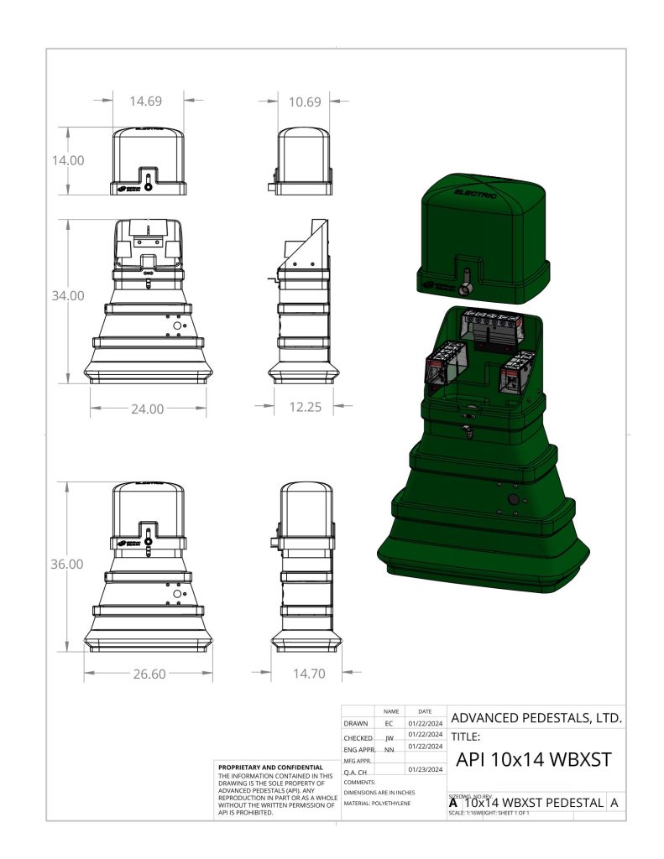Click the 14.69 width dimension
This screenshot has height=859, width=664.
pyautogui.click(x=145, y=101)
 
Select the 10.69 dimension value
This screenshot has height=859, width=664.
pyautogui.click(x=304, y=102)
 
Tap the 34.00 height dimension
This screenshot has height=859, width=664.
pyautogui.click(x=65, y=296)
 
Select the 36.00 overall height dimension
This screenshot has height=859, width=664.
pyautogui.click(x=65, y=565)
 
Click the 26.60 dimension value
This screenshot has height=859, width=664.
pyautogui.click(x=149, y=674)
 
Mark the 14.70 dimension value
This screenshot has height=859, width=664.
pyautogui.click(x=308, y=674)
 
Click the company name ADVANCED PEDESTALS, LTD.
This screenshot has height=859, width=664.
pyautogui.click(x=536, y=719)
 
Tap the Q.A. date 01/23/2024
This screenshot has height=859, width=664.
pyautogui.click(x=425, y=769)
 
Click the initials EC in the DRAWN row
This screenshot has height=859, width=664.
pyautogui.click(x=389, y=723)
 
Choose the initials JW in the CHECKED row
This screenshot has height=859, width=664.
pyautogui.click(x=389, y=738)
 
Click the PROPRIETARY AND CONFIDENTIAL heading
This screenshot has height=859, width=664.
pyautogui.click(x=270, y=768)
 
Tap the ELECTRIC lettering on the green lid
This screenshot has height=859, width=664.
pyautogui.click(x=475, y=193)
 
